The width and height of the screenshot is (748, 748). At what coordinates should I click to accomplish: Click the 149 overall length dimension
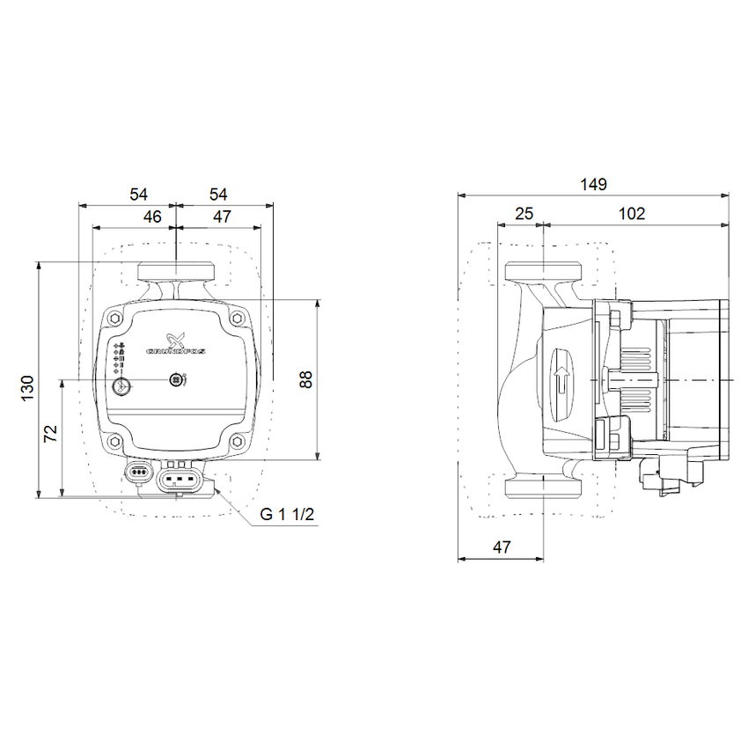point(594,184)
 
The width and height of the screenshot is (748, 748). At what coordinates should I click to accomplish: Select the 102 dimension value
point(632,213)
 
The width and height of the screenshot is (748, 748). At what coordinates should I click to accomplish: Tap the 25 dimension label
point(524,213)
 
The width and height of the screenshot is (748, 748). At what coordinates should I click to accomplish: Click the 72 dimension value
point(51,432)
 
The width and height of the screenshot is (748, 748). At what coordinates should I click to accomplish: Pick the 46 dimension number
point(152,216)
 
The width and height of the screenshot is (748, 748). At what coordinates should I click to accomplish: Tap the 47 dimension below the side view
point(501,546)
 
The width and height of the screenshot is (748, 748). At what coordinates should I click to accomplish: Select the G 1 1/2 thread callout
point(287,516)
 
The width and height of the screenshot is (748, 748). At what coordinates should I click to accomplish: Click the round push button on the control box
point(123,384)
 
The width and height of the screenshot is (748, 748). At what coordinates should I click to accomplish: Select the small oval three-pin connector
point(139,473)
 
